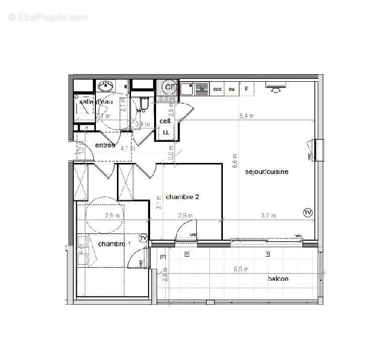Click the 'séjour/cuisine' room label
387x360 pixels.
coord(267,171)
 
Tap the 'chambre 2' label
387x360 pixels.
coord(183,197)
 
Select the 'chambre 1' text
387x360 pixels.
coord(114,244)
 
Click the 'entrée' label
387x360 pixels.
coord(105,145)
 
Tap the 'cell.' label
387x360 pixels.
coord(166,121)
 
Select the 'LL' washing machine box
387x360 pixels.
coord(166,132)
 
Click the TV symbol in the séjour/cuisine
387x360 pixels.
coord(308,213)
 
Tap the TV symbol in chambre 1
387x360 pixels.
coord(144,238)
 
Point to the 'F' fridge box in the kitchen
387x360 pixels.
coord(246,89)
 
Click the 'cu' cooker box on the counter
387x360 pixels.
coord(231,89)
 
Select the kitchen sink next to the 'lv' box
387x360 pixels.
coord(187,89)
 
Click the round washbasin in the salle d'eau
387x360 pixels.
coord(105,86)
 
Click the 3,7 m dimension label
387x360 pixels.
coord(269,216)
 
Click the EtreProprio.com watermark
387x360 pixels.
coord(48,17)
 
